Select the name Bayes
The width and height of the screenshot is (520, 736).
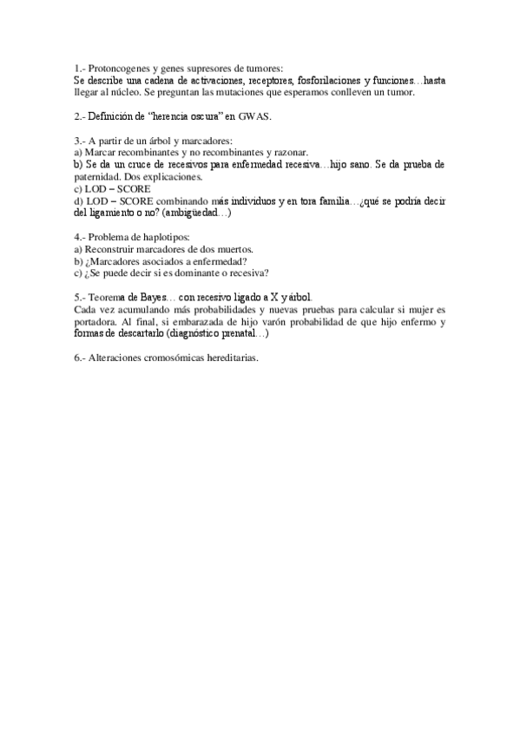pos(149,297)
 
